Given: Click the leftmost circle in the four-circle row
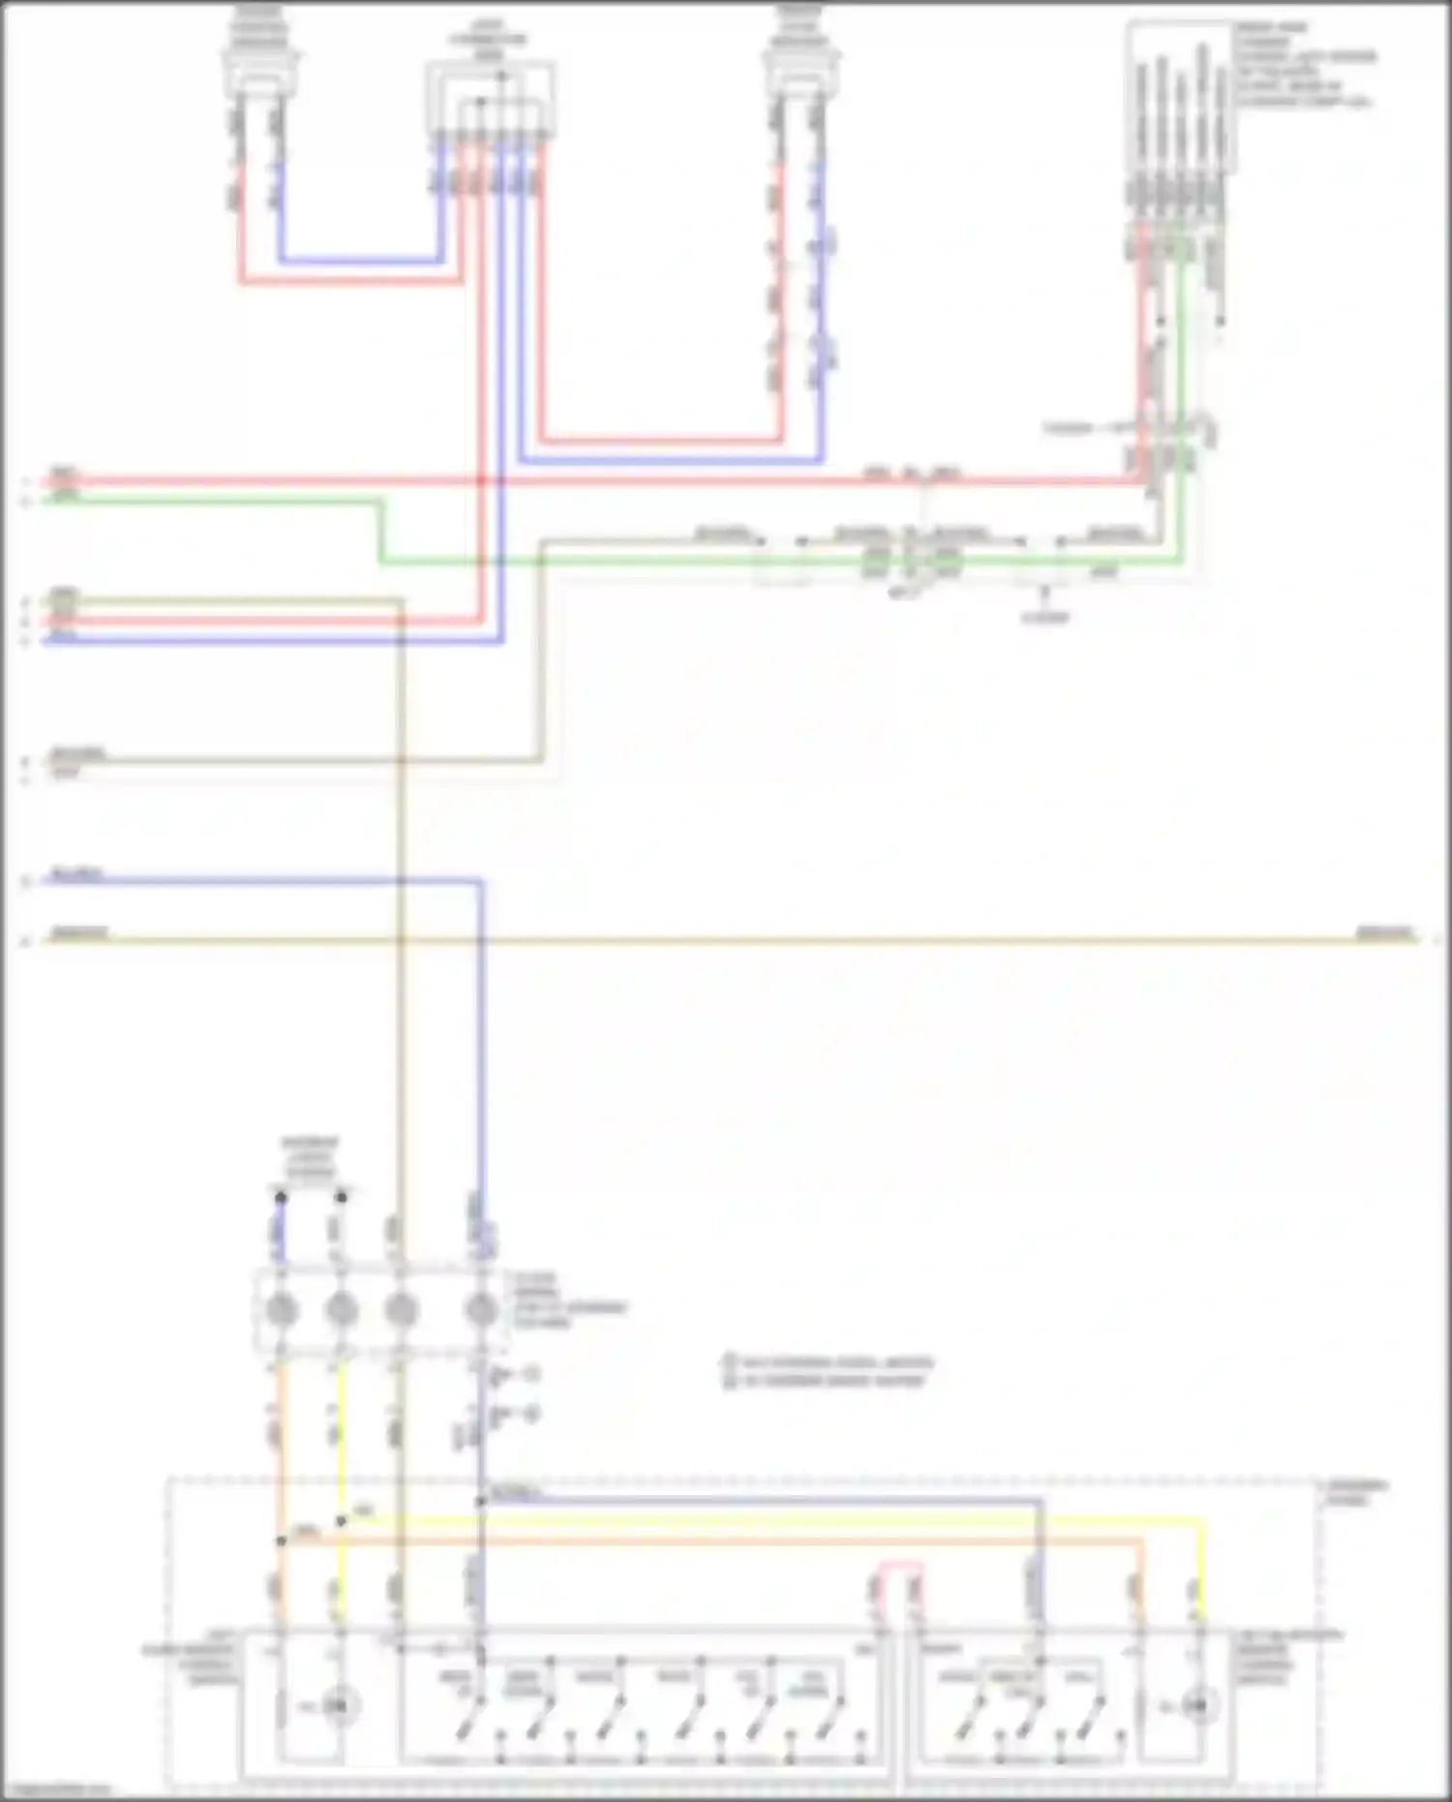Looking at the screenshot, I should coord(281,1310).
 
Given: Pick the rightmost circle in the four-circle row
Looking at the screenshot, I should coord(481,1310).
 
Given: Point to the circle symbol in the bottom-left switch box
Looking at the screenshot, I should coord(336,1705).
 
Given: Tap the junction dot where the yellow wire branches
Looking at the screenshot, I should coord(341,1521).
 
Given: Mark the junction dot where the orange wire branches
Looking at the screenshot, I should coord(281,1540).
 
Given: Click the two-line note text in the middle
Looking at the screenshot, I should coord(829,1371).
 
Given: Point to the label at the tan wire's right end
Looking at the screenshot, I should coord(1384,933).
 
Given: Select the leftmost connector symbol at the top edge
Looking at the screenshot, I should coord(259,48).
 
